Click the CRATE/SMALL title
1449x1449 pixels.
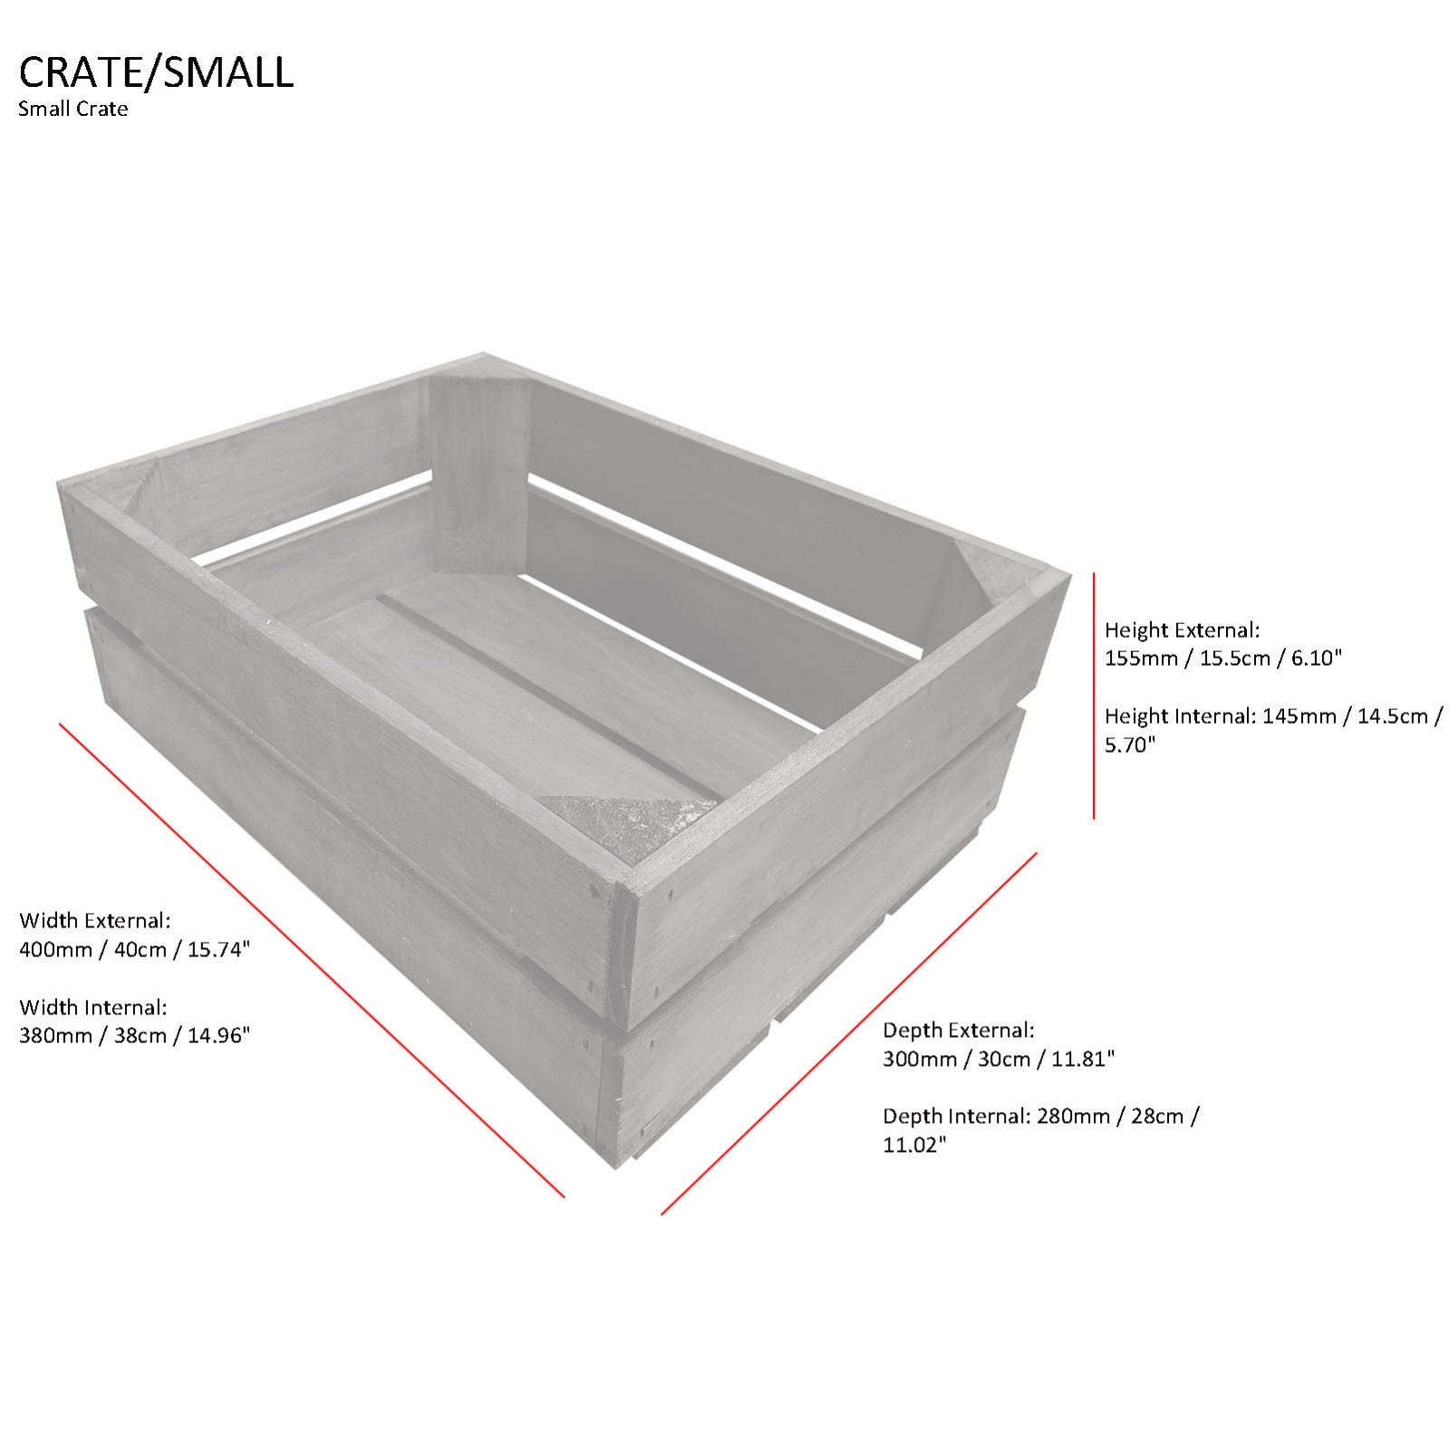pyautogui.click(x=156, y=72)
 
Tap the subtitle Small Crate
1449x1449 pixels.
pyautogui.click(x=72, y=110)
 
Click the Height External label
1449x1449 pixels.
pyautogui.click(x=1182, y=629)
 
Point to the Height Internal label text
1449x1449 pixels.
pyautogui.click(x=1179, y=716)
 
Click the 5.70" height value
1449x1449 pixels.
pyautogui.click(x=1130, y=745)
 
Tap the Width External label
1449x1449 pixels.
pyautogui.click(x=94, y=921)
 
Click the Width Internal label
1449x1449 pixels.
pyautogui.click(x=93, y=1007)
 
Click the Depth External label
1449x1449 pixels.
pyautogui.click(x=959, y=1030)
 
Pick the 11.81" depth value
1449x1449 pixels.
pyautogui.click(x=1082, y=1059)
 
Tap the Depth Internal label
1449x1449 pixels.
pyautogui.click(x=956, y=1116)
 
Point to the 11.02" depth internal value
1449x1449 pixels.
pyautogui.click(x=914, y=1146)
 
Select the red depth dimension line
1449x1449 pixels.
pyautogui.click(x=849, y=1033)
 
